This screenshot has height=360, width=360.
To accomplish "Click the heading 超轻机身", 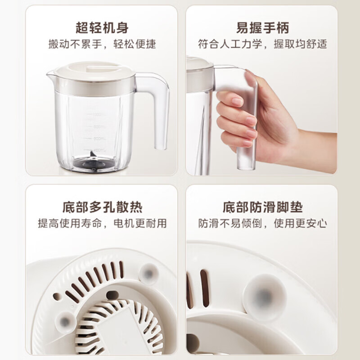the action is [x=102, y=27].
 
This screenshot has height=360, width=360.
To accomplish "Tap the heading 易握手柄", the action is [x=262, y=27].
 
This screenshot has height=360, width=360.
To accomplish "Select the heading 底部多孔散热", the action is [x=103, y=207].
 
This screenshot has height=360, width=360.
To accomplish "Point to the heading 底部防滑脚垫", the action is [x=263, y=207].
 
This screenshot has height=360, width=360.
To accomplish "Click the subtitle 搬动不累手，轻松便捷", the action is [x=102, y=44].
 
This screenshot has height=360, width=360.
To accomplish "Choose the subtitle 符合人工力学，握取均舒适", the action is [x=262, y=44].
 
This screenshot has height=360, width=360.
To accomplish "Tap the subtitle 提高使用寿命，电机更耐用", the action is [x=102, y=223].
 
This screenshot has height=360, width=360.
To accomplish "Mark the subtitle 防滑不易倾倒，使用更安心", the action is [x=262, y=223].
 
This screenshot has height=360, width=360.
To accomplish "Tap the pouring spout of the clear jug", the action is [x=50, y=74].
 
